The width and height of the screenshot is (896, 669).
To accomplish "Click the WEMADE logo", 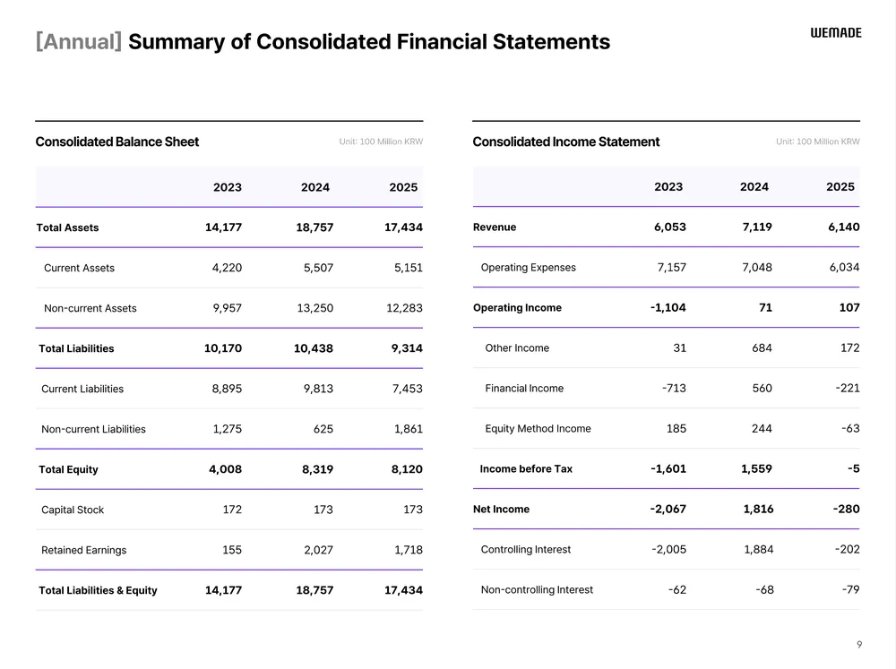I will (836, 32).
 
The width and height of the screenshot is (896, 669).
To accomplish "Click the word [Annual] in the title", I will (79, 41).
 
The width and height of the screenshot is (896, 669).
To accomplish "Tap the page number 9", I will (859, 644).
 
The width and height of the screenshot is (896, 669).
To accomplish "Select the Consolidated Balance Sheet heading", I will (117, 142).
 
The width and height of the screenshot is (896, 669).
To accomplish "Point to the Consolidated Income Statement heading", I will (565, 142).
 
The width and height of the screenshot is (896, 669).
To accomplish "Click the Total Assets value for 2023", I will (223, 227).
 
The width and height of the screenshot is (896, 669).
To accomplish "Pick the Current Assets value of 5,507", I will (314, 268).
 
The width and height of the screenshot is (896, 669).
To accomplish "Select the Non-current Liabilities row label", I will (93, 429).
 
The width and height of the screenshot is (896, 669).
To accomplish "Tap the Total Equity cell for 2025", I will (407, 469).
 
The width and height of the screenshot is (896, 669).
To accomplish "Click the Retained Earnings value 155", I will (232, 550).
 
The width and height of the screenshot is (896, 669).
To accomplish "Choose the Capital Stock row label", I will (73, 510).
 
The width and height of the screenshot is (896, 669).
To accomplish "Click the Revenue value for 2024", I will (757, 227).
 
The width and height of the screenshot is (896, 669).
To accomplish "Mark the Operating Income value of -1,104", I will (668, 307).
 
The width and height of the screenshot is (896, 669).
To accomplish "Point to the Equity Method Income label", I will (538, 428).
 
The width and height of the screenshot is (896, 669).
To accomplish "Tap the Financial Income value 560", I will (762, 388).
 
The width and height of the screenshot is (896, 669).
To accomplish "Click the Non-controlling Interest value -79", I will (850, 589).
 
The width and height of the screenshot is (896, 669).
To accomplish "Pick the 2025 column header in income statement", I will (840, 186).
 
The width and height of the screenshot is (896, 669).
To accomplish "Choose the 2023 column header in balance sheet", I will (228, 187).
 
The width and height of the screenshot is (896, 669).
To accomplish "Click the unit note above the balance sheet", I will (381, 142).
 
